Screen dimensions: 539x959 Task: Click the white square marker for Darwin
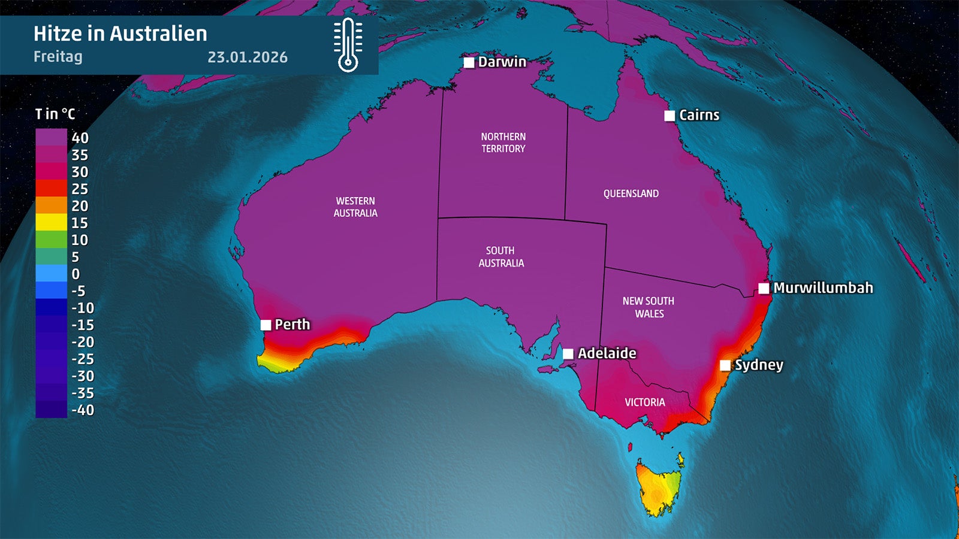469,62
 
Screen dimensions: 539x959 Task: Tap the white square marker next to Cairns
670,116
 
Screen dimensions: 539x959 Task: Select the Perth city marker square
266,325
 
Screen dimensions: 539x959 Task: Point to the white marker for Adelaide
568,353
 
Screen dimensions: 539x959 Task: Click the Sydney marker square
725,365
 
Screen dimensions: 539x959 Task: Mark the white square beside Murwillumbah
764,288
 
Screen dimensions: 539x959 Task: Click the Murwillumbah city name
823,288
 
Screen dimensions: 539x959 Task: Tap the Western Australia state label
355,207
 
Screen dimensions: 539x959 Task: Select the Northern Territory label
503,143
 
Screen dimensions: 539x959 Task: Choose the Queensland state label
631,193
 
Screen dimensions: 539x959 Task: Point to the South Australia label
501,257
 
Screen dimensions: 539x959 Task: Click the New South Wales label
649,307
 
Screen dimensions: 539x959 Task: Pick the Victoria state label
645,402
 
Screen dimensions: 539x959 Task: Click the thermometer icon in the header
348,45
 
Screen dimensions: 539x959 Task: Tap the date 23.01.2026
248,57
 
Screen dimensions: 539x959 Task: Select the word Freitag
58,57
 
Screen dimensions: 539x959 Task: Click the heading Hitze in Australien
120,34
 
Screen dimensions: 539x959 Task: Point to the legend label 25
80,189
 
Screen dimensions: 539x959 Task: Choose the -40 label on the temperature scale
83,410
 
